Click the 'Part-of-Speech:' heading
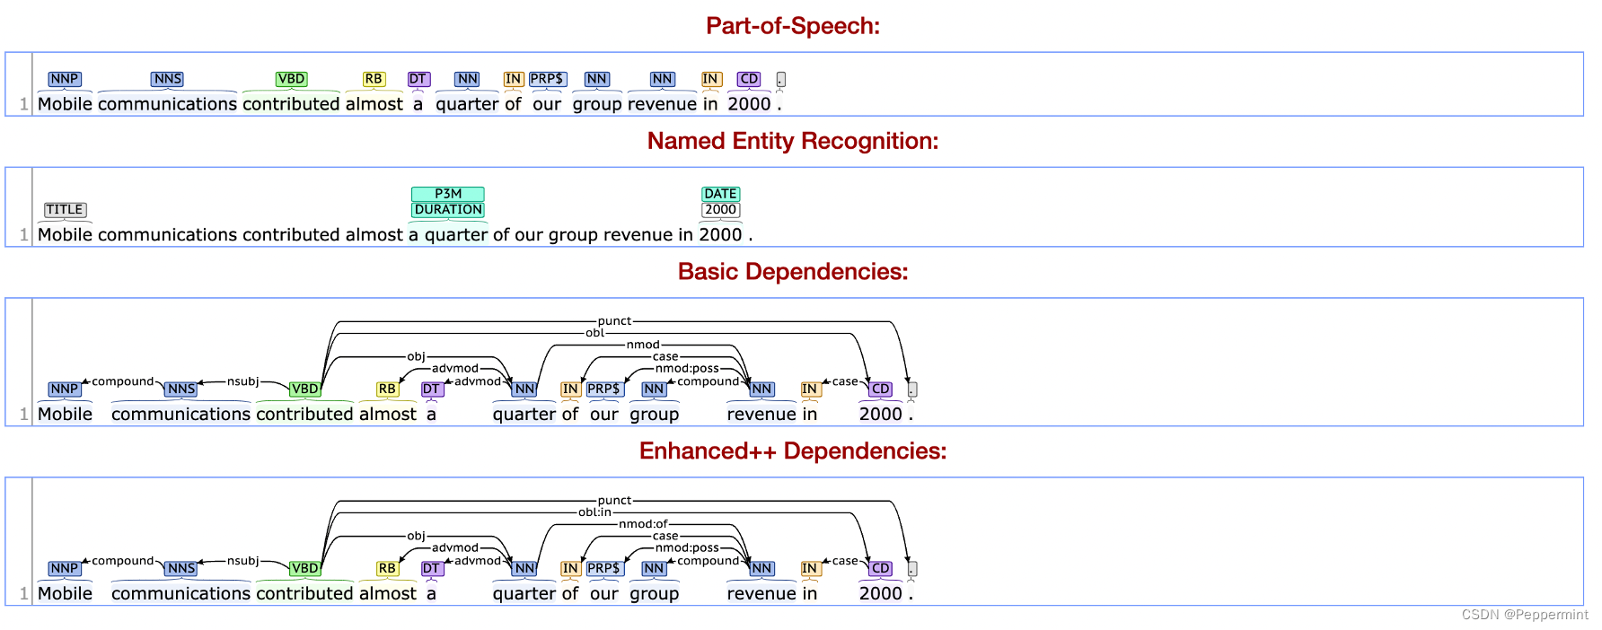click(x=792, y=26)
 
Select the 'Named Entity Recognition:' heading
click(x=792, y=141)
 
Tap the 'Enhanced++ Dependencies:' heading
click(x=792, y=451)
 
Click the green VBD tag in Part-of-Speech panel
click(x=291, y=79)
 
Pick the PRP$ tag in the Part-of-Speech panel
click(x=547, y=79)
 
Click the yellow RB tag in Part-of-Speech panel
click(x=374, y=79)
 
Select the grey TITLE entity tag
click(x=65, y=210)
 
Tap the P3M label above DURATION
click(x=447, y=194)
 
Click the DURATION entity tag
click(x=447, y=210)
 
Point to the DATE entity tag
click(x=720, y=194)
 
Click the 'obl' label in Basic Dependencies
click(x=594, y=333)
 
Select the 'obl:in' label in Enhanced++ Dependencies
click(x=594, y=512)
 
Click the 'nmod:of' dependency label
click(x=643, y=524)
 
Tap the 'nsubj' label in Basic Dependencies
click(x=242, y=381)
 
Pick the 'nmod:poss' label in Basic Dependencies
click(x=687, y=369)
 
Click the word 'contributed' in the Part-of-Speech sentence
click(x=291, y=104)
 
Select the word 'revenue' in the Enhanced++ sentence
click(x=761, y=593)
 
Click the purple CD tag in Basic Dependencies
click(x=880, y=389)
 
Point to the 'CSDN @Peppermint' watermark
click(x=1524, y=615)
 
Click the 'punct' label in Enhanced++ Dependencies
click(x=614, y=501)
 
